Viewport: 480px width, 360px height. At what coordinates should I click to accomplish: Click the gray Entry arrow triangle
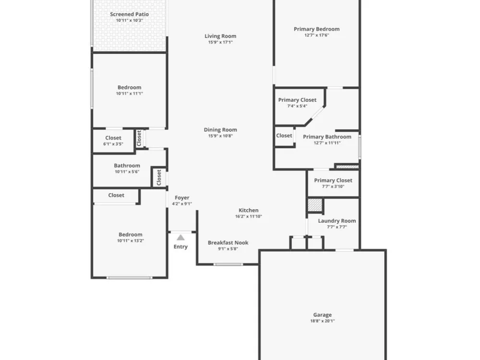(x=180, y=238)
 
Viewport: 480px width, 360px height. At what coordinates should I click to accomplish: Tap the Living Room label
(x=220, y=36)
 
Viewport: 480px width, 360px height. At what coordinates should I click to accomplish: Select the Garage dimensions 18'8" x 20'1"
(x=323, y=321)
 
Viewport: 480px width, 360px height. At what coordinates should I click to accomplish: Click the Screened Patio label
(x=130, y=14)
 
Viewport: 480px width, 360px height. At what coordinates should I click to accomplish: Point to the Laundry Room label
(x=337, y=221)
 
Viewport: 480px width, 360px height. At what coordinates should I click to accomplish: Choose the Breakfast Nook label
(x=228, y=242)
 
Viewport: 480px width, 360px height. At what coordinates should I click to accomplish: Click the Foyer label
(x=182, y=198)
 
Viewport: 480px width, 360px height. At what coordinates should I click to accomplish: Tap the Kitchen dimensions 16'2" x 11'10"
(x=249, y=216)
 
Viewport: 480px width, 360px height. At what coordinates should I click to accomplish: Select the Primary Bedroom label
(x=316, y=29)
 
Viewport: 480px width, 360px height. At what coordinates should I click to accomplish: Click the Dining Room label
(x=220, y=130)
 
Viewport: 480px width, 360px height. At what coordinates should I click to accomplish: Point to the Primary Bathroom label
(x=327, y=137)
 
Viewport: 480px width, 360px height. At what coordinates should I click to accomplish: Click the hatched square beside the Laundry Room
(x=315, y=205)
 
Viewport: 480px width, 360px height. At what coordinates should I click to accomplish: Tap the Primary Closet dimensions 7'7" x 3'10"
(x=333, y=186)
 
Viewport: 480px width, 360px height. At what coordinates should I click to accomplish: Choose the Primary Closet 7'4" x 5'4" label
(x=297, y=100)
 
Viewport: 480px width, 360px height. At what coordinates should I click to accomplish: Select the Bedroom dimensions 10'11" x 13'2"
(x=131, y=240)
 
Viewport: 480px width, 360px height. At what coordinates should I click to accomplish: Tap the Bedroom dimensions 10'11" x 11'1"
(x=130, y=94)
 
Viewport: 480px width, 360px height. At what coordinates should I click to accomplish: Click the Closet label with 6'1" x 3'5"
(x=113, y=138)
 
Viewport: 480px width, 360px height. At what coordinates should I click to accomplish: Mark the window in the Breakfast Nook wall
(x=228, y=264)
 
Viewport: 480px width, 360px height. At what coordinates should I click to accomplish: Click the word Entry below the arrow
(x=180, y=247)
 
